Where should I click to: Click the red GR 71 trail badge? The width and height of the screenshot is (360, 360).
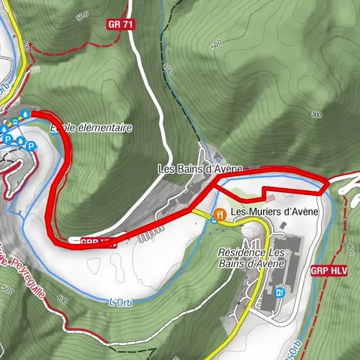(119, 24)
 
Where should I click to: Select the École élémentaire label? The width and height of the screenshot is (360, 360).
(91, 128)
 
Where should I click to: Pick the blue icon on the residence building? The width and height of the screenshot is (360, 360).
(279, 292)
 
